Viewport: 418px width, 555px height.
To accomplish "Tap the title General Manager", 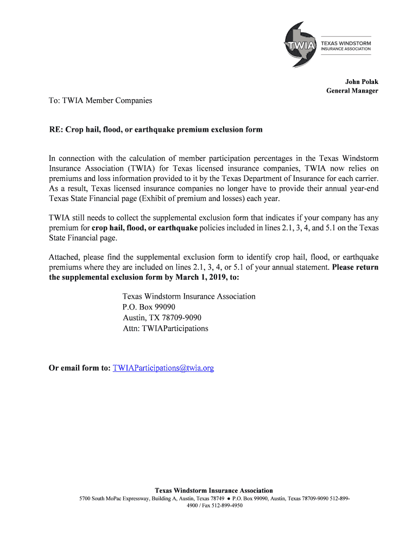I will coord(352,91).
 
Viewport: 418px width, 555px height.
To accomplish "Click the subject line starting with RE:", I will coord(156,130).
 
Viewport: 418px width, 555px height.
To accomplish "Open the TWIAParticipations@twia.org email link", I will coord(163,368).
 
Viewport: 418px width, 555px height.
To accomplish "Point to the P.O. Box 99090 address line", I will coord(149,307).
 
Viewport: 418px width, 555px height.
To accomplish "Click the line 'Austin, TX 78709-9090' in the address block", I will coord(162,318).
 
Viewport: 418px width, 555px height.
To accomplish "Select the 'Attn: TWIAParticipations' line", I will coord(165,328).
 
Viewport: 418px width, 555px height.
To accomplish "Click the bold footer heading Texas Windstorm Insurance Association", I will coord(214,491).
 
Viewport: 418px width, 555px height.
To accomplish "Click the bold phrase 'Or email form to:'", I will coord(79,368).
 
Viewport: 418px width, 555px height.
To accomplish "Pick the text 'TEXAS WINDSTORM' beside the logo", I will coord(346,42).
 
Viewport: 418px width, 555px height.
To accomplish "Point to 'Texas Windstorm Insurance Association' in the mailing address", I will coord(189,296).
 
